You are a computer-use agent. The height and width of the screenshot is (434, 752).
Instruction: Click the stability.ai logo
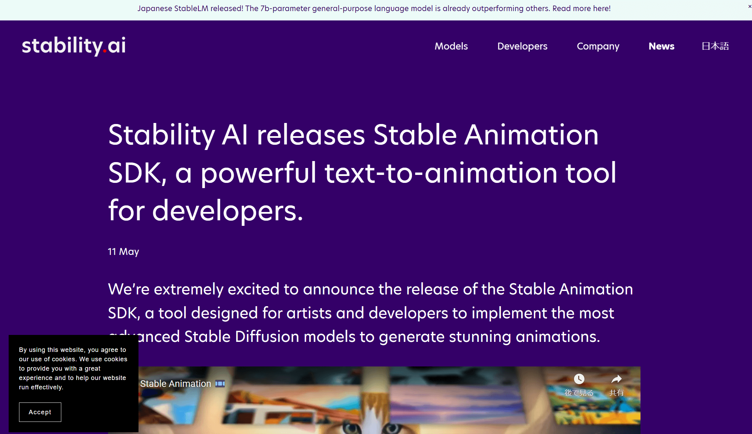(74, 46)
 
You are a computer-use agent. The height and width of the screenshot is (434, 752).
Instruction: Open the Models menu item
(451, 46)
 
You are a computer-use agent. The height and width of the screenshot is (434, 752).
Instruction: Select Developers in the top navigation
(522, 46)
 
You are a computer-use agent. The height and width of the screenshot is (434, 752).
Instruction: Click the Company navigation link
(598, 46)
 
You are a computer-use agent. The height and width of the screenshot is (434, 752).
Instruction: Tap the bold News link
(661, 46)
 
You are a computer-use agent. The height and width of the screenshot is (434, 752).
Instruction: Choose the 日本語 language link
(715, 46)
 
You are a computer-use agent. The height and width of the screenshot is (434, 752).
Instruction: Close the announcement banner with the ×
(750, 6)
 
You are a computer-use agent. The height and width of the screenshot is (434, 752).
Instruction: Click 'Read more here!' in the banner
(581, 8)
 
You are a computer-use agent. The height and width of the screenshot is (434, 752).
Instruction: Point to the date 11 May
(123, 251)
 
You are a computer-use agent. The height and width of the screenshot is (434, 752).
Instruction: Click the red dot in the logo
(105, 52)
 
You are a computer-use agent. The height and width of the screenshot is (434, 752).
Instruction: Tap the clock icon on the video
(579, 379)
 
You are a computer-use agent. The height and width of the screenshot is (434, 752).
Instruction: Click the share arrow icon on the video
(617, 379)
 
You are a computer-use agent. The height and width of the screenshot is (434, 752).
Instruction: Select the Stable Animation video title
(176, 384)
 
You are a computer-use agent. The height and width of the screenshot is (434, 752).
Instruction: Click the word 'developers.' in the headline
(227, 210)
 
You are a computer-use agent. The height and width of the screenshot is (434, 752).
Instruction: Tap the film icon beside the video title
(220, 384)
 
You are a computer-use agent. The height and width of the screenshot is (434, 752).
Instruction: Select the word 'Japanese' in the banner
(155, 8)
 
